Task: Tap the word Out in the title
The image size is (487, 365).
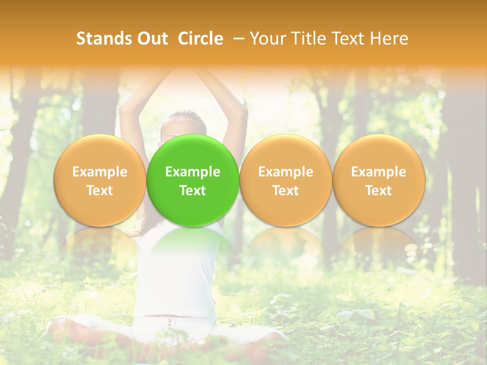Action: click(x=152, y=39)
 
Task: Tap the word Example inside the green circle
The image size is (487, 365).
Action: click(x=193, y=172)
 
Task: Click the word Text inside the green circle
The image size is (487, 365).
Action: click(x=193, y=191)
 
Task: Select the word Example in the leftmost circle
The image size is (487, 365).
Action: click(x=99, y=172)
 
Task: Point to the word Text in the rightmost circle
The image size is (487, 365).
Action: click(x=378, y=191)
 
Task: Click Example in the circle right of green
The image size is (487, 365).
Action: click(x=286, y=172)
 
